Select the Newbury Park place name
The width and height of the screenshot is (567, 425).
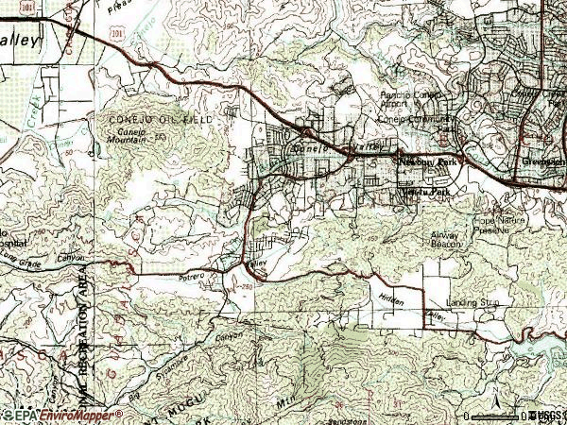pos(426,161)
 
